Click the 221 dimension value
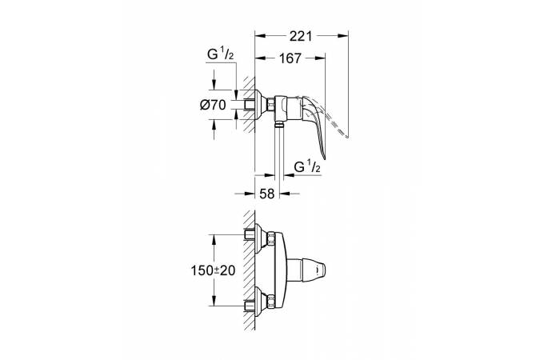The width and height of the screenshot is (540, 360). coord(300,36)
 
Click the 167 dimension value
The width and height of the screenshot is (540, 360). coord(290,58)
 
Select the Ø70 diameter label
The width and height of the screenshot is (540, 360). coord(213,105)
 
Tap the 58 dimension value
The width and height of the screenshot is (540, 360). coord(267,194)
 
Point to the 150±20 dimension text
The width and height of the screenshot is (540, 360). coord(213,270)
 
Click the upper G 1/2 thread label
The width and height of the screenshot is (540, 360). coord(221,54)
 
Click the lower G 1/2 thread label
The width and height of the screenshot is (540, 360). coord(307,166)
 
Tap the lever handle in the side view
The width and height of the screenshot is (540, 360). coord(314,124)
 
